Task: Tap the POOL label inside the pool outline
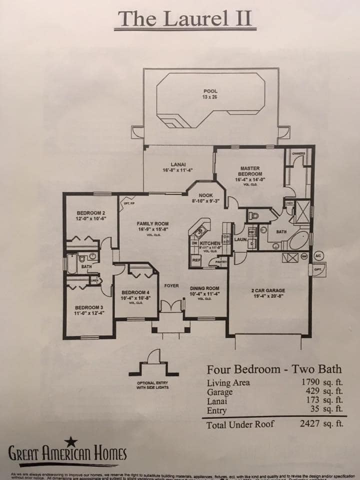(210, 91)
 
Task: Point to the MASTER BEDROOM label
(249, 171)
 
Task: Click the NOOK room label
(205, 195)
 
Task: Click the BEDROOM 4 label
(135, 292)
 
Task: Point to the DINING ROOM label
(205, 288)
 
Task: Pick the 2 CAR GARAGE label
(267, 290)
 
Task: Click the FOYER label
(171, 285)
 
